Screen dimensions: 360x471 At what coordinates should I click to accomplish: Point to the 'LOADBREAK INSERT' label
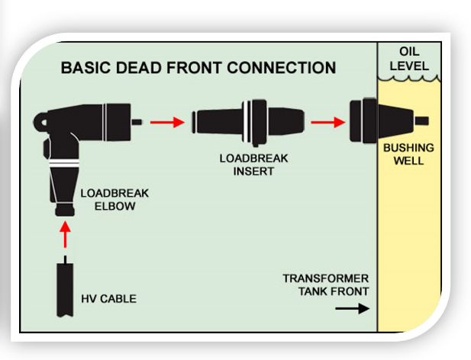tap(246, 165)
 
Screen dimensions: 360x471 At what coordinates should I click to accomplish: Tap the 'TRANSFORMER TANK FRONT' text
tap(325, 284)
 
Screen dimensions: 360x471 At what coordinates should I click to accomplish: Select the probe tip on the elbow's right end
tap(137, 121)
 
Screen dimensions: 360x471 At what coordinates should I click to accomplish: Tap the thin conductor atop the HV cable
tap(66, 259)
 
